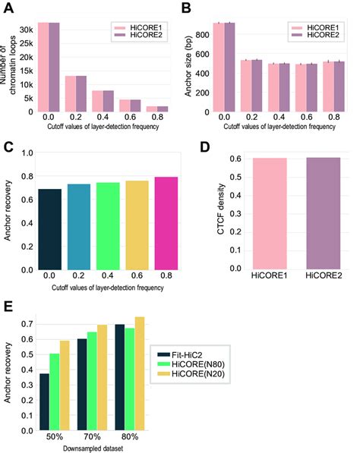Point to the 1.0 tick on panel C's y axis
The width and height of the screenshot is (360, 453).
tap(27, 153)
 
